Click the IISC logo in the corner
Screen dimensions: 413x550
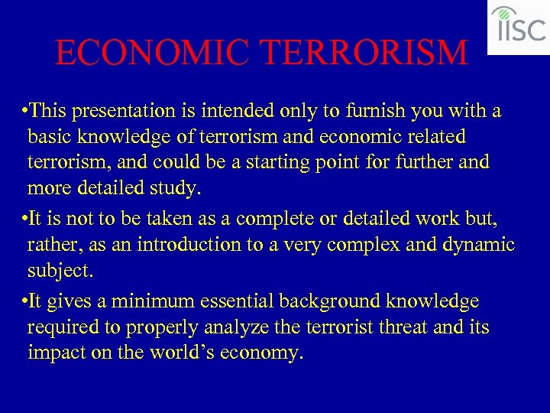point(518,27)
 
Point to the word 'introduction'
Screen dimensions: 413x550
point(209,245)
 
